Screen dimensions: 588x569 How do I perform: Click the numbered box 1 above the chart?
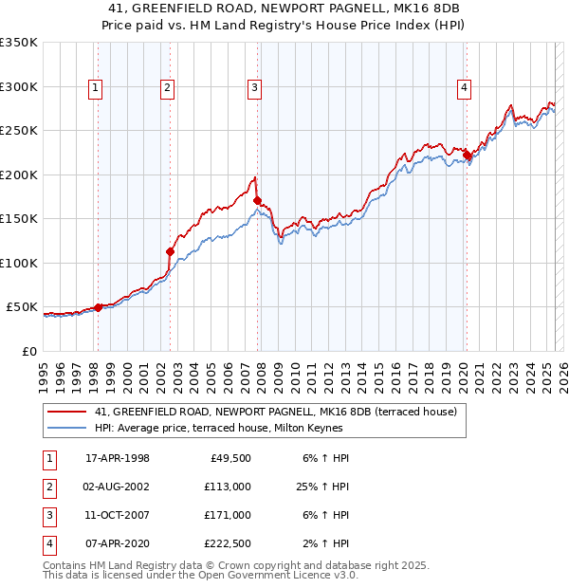pyautogui.click(x=97, y=88)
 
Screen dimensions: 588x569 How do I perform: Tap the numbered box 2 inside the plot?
pyautogui.click(x=167, y=88)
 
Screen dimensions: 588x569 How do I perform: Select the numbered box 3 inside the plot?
pyautogui.click(x=255, y=88)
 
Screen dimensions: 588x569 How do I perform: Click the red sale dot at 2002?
pyautogui.click(x=171, y=251)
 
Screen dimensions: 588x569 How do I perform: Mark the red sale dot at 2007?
pyautogui.click(x=257, y=200)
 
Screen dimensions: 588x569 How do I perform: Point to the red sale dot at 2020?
pyautogui.click(x=467, y=155)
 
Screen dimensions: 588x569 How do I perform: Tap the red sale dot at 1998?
pyautogui.click(x=98, y=307)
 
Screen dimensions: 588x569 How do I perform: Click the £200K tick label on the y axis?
pyautogui.click(x=18, y=175)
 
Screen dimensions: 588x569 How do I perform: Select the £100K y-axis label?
pyautogui.click(x=18, y=263)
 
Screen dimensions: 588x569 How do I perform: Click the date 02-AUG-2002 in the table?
pyautogui.click(x=117, y=487)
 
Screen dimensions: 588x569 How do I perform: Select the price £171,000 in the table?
pyautogui.click(x=228, y=515)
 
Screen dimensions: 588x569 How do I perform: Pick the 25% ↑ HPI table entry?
pyautogui.click(x=322, y=487)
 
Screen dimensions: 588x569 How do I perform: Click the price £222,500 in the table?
pyautogui.click(x=228, y=543)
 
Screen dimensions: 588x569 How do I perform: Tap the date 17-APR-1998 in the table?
pyautogui.click(x=117, y=458)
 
